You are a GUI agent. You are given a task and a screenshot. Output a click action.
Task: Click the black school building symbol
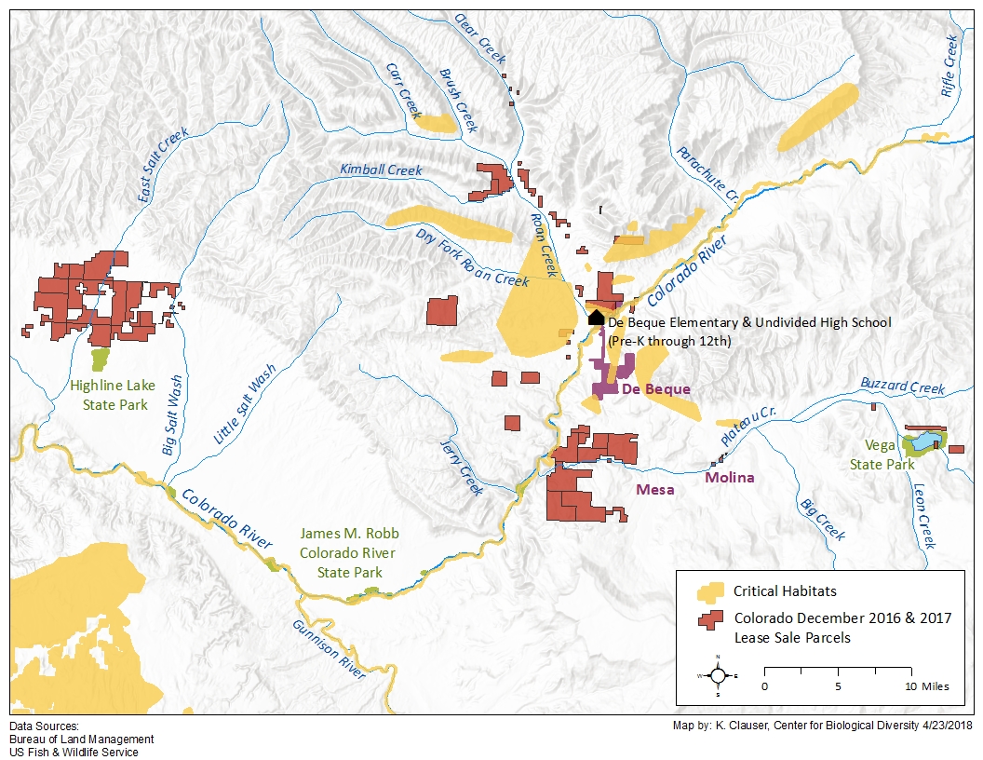click(596, 318)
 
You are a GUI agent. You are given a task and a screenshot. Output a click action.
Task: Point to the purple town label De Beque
click(655, 388)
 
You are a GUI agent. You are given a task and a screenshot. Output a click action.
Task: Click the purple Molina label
click(729, 478)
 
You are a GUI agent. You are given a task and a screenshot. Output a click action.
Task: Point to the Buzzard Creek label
click(902, 387)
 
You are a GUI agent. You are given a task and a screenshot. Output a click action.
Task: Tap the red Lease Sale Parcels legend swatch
click(712, 619)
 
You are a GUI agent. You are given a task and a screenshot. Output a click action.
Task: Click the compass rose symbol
click(718, 676)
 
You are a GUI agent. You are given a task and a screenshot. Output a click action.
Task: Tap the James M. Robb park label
click(349, 552)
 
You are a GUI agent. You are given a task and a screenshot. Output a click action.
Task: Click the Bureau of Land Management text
click(82, 740)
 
